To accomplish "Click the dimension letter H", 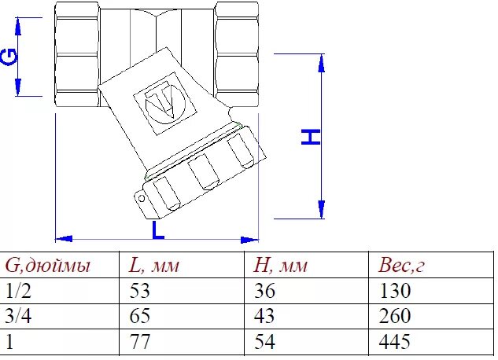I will click(x=312, y=137).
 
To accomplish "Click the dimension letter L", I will click(x=158, y=230).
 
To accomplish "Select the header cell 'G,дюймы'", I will click(x=48, y=265).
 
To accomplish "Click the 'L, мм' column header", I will click(x=154, y=265).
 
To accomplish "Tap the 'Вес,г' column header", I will click(x=401, y=265).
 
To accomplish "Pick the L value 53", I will click(x=138, y=291).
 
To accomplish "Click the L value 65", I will click(x=138, y=317).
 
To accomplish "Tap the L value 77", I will click(x=138, y=343).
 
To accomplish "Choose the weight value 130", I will click(x=394, y=291).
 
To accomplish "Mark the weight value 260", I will click(x=394, y=317).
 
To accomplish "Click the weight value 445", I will click(x=394, y=343).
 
